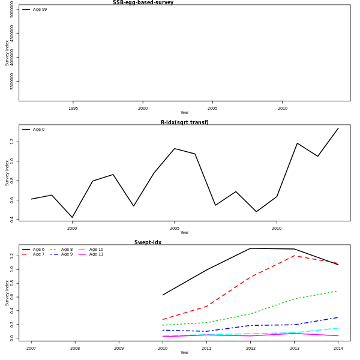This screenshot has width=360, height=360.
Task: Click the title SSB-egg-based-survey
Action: tap(143, 2)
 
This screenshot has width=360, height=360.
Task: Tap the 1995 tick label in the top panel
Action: tap(73, 109)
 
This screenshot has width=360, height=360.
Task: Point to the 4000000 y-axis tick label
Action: tap(13, 58)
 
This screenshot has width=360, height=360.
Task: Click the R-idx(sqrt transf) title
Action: tap(184, 122)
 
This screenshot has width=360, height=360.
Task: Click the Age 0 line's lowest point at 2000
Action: tap(72, 217)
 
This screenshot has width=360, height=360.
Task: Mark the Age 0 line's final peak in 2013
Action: tap(338, 128)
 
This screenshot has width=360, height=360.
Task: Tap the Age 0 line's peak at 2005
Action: tap(175, 148)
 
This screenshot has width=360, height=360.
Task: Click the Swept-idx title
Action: tap(148, 242)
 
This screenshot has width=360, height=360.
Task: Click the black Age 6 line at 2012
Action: tap(250, 248)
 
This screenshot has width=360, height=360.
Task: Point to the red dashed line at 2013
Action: tap(294, 256)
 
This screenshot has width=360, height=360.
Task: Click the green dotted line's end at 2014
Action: tap(338, 291)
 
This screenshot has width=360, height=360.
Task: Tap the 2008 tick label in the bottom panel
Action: tap(75, 349)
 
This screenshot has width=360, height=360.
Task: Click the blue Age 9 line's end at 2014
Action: tap(338, 317)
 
